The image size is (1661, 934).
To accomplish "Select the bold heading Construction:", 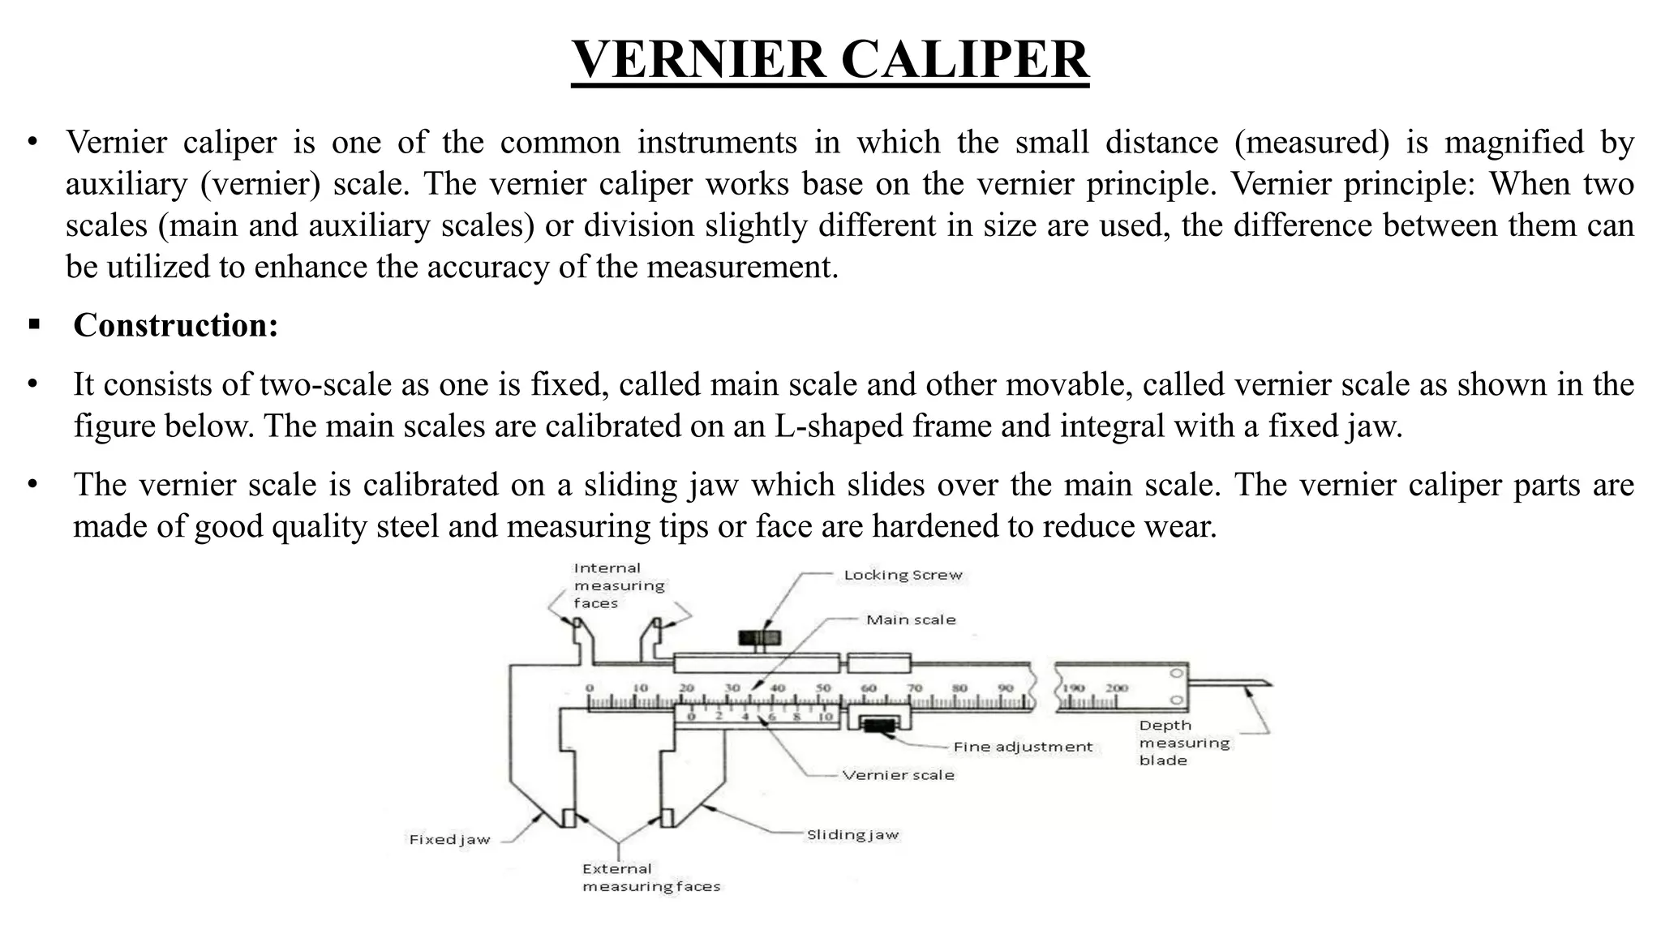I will point(175,325).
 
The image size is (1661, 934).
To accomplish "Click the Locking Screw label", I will point(903,575).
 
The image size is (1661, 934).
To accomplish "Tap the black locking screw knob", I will point(759,637).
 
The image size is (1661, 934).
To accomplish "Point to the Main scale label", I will point(911,619).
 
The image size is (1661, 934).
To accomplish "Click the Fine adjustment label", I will point(1023,747).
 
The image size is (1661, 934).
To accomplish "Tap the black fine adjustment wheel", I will point(878,724).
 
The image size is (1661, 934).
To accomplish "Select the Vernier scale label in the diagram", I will point(898,775).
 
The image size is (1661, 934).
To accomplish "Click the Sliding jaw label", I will point(852,834).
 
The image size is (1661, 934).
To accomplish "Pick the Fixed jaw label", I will point(449,840).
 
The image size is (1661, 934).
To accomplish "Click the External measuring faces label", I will point(650,878).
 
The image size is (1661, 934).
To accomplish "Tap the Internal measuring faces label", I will point(618,585).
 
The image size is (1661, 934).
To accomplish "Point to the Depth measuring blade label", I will point(1183,743).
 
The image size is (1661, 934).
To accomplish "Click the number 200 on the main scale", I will point(1117,688).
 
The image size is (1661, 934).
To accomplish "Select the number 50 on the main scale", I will point(822,688).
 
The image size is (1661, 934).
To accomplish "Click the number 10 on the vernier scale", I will point(825,717).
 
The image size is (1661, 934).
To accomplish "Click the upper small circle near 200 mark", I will point(1177,674).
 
